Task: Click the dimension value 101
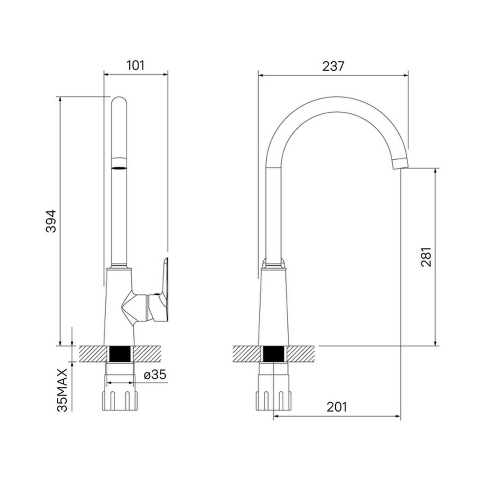point(135,65)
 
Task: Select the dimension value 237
point(333,66)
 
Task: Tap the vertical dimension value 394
point(51,221)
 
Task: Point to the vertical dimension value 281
point(426,257)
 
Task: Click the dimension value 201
point(336,407)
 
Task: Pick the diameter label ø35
point(155,375)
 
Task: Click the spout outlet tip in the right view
point(400,163)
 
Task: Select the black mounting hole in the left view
point(120,354)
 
